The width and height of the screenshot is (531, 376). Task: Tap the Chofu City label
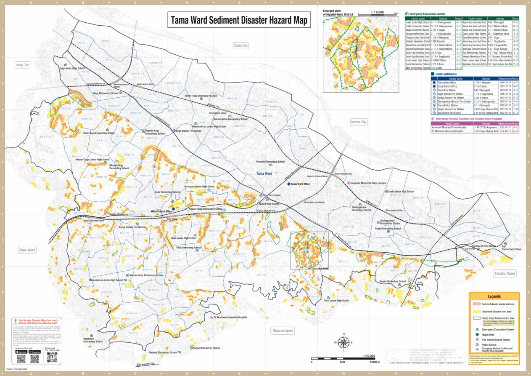(241, 45)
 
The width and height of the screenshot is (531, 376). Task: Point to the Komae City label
(359, 122)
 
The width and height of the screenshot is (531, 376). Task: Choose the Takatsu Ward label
(505, 274)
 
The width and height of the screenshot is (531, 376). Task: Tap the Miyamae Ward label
(282, 331)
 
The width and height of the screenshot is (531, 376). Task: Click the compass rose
(343, 343)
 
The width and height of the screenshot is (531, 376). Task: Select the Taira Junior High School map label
(336, 301)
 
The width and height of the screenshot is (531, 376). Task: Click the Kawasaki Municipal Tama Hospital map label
(369, 183)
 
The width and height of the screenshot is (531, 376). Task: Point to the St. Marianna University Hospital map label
(230, 317)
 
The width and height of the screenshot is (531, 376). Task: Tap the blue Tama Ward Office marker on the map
(289, 184)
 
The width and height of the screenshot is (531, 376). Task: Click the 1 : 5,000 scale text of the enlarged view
(377, 13)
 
